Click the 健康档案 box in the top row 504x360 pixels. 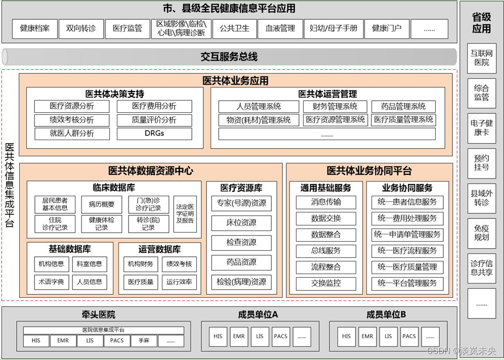[34, 29]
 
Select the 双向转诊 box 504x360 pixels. [80, 29]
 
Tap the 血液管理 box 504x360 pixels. [280, 29]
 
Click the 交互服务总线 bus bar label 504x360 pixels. [229, 57]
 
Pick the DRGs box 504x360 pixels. [154, 133]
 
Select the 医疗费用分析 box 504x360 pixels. [154, 106]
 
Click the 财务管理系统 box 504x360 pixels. [334, 106]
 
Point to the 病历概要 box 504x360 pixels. [101, 204]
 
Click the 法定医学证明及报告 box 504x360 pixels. [185, 214]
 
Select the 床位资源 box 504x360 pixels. [241, 222]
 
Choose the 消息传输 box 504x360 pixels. [326, 202]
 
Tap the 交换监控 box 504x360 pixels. [326, 283]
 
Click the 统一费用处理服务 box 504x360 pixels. [407, 218]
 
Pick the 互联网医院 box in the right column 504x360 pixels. [481, 58]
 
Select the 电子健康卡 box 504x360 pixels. [481, 127]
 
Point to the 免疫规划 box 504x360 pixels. [481, 233]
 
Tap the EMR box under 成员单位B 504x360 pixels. [367, 336]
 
